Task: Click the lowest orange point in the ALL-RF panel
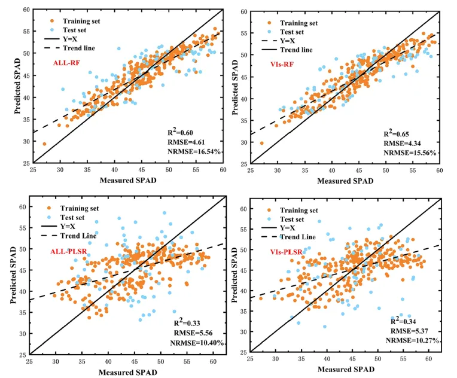pyautogui.click(x=44, y=144)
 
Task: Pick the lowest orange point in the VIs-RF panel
pyautogui.click(x=261, y=143)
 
